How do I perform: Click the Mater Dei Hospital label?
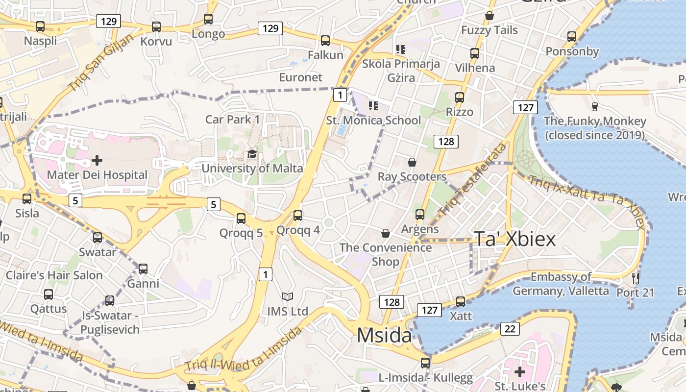[x=97, y=175]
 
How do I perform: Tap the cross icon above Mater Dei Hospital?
[x=97, y=160]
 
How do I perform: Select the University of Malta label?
[x=252, y=168]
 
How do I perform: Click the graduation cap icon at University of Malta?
[x=252, y=154]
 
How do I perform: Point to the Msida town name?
[x=384, y=336]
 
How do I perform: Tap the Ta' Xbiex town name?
[x=514, y=239]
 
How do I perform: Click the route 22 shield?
[x=510, y=329]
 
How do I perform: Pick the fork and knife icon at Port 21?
[x=636, y=278]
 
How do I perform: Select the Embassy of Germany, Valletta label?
[x=561, y=284]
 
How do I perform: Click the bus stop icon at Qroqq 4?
[x=298, y=215]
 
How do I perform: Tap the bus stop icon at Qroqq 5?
[x=241, y=218]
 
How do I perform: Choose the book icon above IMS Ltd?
[x=287, y=296]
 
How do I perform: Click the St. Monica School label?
[x=373, y=120]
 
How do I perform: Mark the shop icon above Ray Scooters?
[x=412, y=162]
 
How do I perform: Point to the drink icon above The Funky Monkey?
[x=595, y=106]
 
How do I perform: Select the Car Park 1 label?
[x=232, y=119]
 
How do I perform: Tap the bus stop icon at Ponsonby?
[x=572, y=36]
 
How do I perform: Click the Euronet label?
[x=301, y=77]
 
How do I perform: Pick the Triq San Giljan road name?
[x=101, y=62]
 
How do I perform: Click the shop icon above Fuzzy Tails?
[x=489, y=16]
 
